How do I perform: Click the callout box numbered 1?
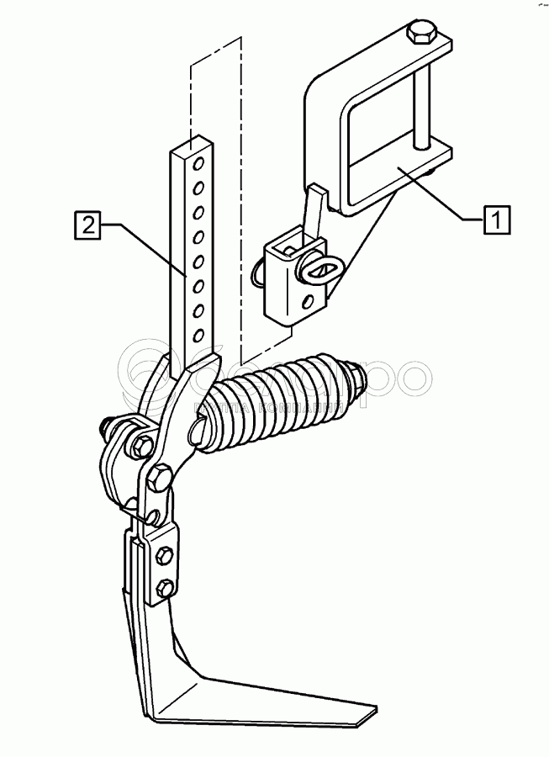click(x=497, y=220)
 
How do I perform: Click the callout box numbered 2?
click(x=87, y=225)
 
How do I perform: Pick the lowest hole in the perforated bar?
click(x=198, y=336)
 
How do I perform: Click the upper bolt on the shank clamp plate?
click(x=166, y=553)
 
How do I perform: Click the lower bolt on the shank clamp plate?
click(x=166, y=586)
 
